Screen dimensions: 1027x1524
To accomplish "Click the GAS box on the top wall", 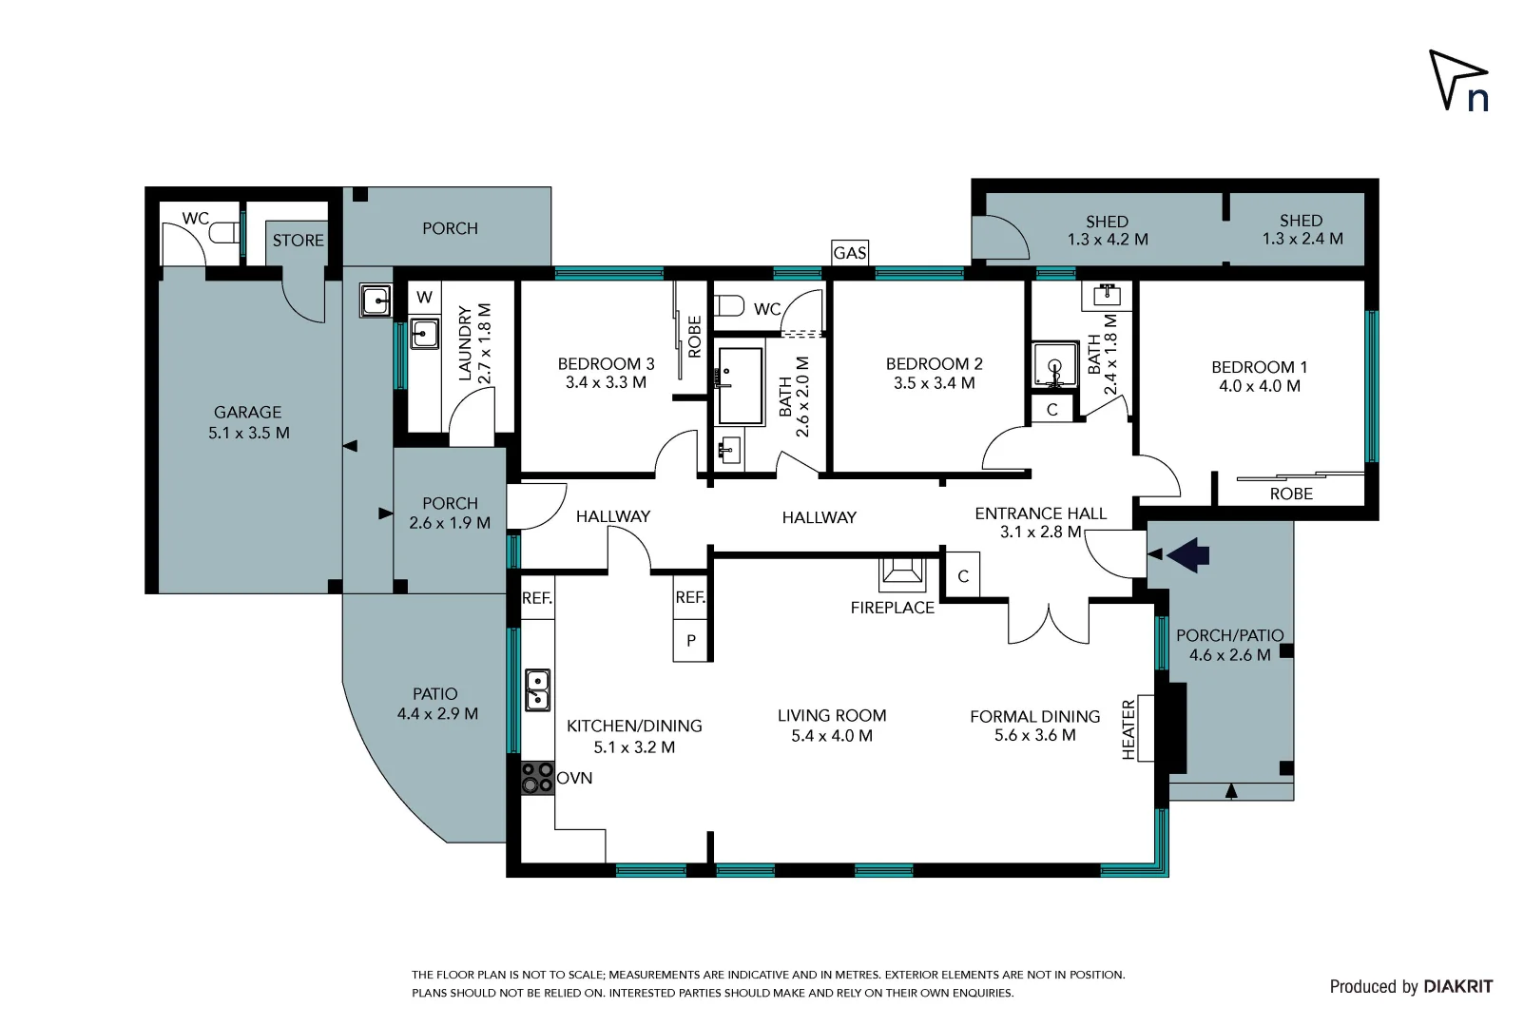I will tap(849, 252).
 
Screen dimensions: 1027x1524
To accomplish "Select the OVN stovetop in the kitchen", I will tap(537, 777).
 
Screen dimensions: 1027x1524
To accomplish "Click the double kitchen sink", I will tap(537, 690).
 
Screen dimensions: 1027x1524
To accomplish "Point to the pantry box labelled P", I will tap(691, 641).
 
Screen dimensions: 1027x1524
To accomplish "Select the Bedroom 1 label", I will tap(1259, 376).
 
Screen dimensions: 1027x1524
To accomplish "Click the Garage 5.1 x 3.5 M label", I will tap(248, 422).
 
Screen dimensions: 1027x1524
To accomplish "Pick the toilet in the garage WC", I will tap(223, 233).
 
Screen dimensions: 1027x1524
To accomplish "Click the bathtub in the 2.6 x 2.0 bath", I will tap(740, 385).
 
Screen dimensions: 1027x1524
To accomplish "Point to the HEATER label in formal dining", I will tap(1129, 729).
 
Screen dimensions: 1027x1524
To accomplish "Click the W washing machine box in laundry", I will tap(424, 297).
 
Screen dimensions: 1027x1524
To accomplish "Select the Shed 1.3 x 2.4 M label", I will tap(1302, 229).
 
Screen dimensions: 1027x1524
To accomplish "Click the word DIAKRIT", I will tap(1457, 986).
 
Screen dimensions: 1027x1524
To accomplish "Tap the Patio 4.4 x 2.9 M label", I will tap(436, 704).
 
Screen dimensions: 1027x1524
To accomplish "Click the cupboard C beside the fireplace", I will tap(963, 576).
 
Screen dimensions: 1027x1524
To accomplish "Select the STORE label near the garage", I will tap(298, 241).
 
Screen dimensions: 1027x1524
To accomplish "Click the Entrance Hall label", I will tap(1040, 522).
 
